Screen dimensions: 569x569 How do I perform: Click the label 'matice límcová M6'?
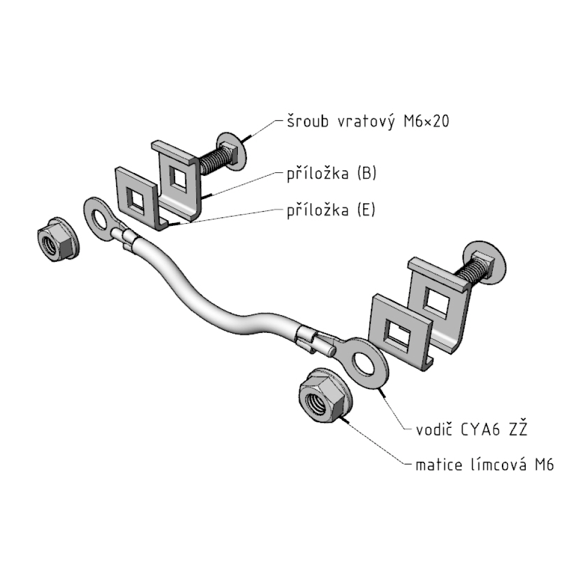484,465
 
